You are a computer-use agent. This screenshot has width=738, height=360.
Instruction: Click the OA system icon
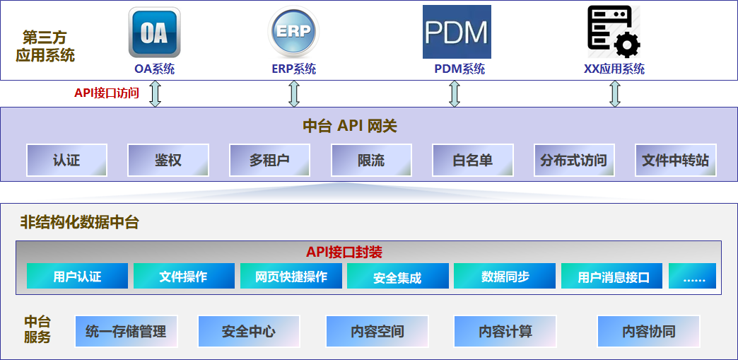(x=154, y=33)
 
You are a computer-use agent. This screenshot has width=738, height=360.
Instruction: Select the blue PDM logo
(x=457, y=32)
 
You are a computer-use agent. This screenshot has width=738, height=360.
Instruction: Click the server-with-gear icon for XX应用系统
(x=614, y=33)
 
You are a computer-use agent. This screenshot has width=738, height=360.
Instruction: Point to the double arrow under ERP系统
(x=294, y=93)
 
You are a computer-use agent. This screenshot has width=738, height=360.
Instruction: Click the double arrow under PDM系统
(x=455, y=93)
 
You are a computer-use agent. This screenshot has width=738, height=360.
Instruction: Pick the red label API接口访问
(x=107, y=93)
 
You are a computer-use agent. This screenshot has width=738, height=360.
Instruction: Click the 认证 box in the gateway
(x=66, y=160)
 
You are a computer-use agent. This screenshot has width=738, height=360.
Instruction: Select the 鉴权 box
(x=168, y=160)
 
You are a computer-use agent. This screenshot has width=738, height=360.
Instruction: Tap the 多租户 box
(x=269, y=160)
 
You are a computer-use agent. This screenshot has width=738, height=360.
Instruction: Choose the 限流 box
(x=371, y=160)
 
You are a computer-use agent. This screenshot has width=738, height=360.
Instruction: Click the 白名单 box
(x=472, y=160)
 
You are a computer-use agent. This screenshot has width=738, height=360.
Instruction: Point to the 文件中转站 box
(x=675, y=160)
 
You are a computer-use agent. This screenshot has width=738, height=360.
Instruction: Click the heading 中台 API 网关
(x=350, y=127)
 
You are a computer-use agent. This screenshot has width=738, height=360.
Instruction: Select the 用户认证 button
(x=77, y=276)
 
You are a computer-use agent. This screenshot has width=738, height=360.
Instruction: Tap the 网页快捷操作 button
(x=291, y=276)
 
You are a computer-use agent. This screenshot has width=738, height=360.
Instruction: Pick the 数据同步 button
(x=505, y=276)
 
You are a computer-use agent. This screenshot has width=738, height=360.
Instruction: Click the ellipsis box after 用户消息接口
(x=692, y=276)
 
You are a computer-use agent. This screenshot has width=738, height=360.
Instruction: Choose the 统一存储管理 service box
(x=126, y=331)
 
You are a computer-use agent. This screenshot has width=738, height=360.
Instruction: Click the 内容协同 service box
(x=648, y=331)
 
